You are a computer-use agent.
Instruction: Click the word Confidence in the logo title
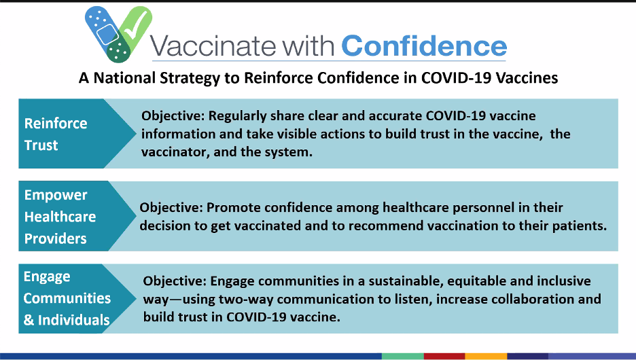[424, 46]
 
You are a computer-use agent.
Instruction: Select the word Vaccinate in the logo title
[213, 46]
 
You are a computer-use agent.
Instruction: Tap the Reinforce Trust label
[56, 134]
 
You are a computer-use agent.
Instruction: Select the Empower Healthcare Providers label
[60, 217]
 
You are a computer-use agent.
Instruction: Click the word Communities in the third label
[67, 298]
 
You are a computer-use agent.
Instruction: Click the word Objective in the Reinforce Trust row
[173, 116]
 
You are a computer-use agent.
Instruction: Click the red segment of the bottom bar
[444, 357]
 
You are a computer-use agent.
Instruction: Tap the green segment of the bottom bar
[403, 357]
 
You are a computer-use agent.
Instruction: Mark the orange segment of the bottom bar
[486, 357]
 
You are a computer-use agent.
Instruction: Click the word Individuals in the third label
[74, 321]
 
